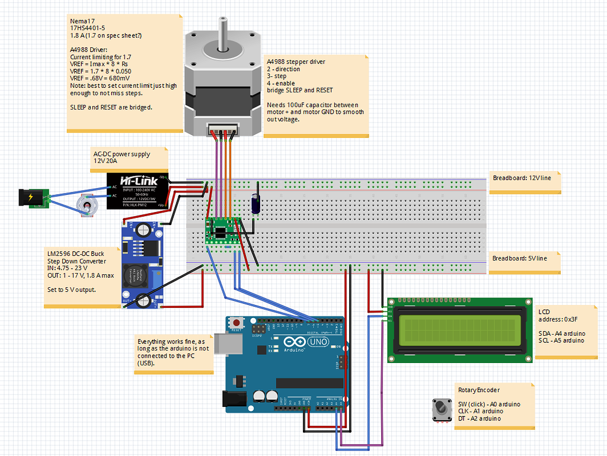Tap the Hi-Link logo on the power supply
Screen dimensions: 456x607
(x=136, y=180)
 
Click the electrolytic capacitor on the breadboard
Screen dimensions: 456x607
(x=256, y=201)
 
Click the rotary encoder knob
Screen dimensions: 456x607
(x=441, y=409)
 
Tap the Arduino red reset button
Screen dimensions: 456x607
(x=237, y=323)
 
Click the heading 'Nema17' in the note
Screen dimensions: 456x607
(x=79, y=21)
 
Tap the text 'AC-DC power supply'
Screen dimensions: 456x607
(x=122, y=154)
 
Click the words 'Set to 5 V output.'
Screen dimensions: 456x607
(x=72, y=290)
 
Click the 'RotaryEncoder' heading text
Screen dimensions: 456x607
(x=479, y=390)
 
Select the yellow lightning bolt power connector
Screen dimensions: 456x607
(x=30, y=197)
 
